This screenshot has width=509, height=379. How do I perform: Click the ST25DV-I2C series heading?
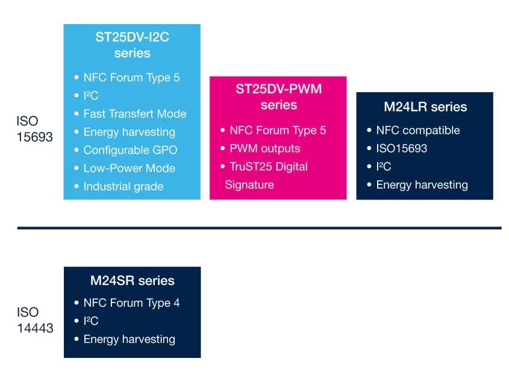point(132,45)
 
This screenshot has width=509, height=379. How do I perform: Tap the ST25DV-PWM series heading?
point(278,97)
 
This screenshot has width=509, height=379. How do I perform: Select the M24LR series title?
point(425,107)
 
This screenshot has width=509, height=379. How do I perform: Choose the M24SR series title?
point(133,281)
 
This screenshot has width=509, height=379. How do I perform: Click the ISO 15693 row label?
point(34,129)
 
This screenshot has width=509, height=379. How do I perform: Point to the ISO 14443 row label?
point(35,320)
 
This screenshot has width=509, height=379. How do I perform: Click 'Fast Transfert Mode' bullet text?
point(135,114)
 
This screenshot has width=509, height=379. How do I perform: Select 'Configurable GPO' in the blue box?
point(131,150)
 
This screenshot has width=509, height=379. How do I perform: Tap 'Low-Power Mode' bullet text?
point(130,168)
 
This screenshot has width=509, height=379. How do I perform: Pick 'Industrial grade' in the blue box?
point(123,186)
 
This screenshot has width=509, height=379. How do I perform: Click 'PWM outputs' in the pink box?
point(265,148)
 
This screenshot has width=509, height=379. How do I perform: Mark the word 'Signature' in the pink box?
point(249,185)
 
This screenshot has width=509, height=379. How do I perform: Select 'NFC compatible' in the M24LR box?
point(418,130)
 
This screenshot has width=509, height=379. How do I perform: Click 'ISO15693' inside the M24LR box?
point(402,148)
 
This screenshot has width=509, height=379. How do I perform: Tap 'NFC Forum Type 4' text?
point(132,302)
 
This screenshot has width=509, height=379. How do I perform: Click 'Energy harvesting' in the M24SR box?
point(130,339)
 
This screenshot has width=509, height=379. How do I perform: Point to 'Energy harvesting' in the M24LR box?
point(422,185)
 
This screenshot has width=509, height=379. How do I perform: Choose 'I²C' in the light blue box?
point(91,95)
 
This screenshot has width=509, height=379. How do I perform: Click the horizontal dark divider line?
point(260,228)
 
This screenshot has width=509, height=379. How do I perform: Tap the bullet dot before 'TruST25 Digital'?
point(223,166)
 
